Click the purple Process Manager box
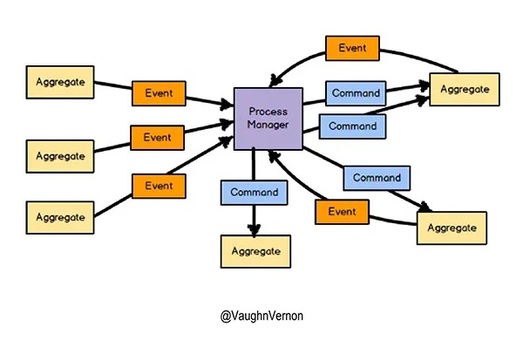coord(268,118)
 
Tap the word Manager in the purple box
coord(268,126)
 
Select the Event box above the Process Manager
coord(352,48)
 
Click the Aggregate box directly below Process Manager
coord(255,250)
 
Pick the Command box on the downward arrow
coord(255,192)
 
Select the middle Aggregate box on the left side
coord(60,156)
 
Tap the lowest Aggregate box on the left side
coord(60,216)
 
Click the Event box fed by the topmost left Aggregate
coord(158,92)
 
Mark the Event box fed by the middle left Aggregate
coord(158,138)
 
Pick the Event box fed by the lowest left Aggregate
coord(159,186)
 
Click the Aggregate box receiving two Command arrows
coord(465,89)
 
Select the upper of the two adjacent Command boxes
coord(357,93)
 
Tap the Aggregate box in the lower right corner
coord(452,228)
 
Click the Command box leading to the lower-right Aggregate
coord(377,178)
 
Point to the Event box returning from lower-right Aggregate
coord(342,212)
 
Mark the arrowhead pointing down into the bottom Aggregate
coord(255,229)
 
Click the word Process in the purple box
coord(268,111)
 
